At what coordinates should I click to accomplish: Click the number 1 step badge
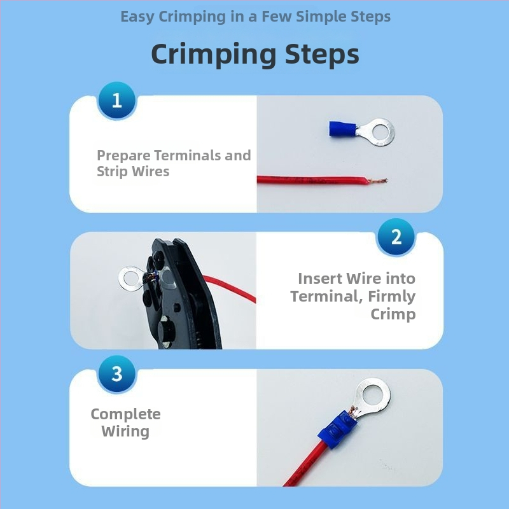click(117, 101)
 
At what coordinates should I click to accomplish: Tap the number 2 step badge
click(396, 237)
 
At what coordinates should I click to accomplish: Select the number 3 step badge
click(117, 374)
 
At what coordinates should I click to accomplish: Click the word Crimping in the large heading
click(214, 55)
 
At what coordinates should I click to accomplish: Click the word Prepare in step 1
click(123, 156)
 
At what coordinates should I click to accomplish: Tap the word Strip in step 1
click(113, 171)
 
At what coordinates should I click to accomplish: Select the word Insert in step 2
click(320, 278)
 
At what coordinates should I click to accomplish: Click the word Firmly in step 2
click(392, 296)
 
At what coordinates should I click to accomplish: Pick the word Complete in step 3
click(125, 414)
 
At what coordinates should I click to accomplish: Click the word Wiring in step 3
click(125, 432)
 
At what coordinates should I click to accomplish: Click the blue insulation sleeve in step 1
click(342, 129)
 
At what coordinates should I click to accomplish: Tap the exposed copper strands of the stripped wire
click(378, 181)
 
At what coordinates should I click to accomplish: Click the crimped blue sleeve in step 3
click(338, 428)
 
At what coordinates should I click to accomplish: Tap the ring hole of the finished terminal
click(373, 395)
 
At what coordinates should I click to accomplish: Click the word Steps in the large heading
click(322, 54)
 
